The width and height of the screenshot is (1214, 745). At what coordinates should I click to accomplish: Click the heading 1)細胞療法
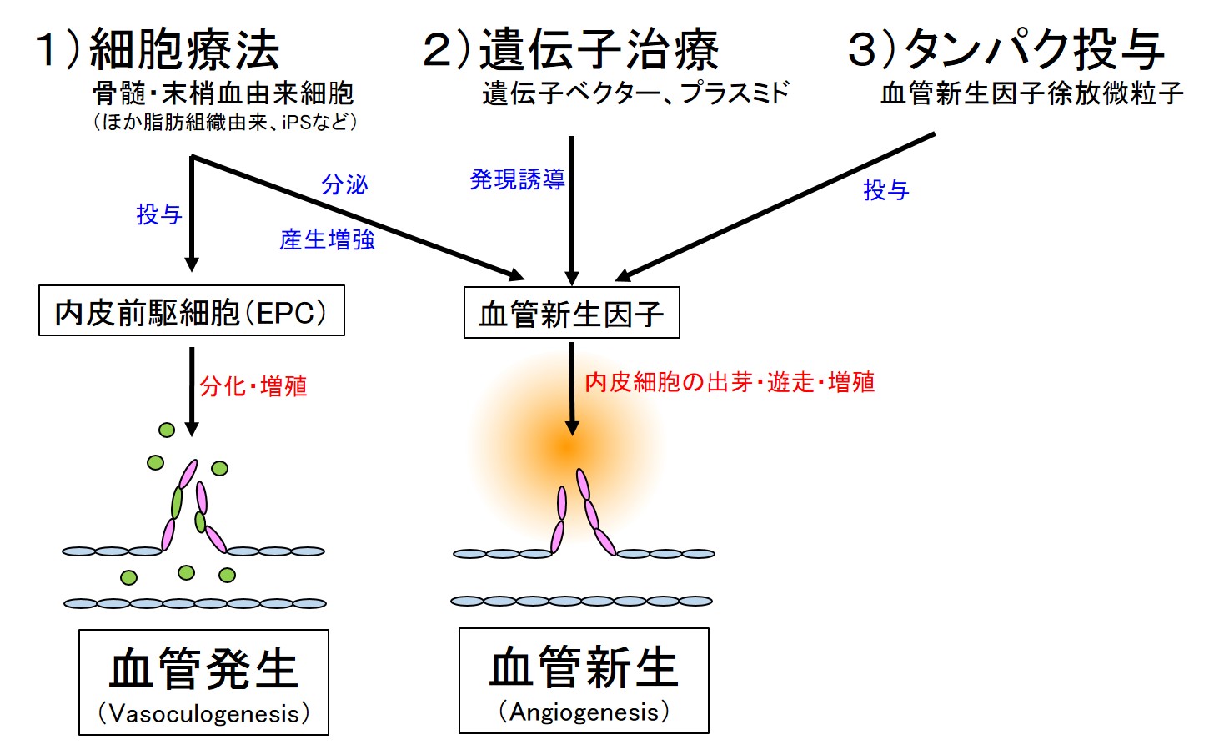point(157,49)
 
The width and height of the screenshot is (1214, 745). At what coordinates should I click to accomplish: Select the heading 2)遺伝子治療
point(570,49)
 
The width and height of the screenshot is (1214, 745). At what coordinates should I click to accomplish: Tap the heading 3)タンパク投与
point(1006,49)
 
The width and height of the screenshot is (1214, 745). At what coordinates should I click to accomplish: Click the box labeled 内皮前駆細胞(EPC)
point(191,310)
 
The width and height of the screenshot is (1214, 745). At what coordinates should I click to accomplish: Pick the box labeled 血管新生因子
point(572,313)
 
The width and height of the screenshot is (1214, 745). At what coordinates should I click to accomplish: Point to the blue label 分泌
point(344,184)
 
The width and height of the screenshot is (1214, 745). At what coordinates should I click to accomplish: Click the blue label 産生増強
point(327,239)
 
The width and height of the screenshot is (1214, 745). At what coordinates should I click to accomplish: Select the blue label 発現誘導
point(518,179)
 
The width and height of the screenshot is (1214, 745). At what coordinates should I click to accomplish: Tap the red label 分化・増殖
point(253,386)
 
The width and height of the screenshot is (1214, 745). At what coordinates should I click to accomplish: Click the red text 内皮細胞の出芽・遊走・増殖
point(730,382)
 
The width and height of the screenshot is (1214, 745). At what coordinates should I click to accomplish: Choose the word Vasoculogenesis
point(204,713)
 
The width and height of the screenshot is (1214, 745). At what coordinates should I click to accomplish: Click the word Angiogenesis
point(584,712)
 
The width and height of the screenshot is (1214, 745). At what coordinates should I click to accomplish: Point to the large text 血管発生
point(203,669)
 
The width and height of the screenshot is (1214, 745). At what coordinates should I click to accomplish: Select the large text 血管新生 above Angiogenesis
point(584,667)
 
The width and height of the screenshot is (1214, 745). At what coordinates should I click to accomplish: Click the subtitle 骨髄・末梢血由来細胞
point(223,93)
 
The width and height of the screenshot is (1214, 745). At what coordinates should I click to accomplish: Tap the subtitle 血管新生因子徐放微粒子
point(1032,93)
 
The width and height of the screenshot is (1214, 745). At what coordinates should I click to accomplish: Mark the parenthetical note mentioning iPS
point(225,122)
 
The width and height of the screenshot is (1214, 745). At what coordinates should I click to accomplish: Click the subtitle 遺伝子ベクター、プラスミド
point(635,93)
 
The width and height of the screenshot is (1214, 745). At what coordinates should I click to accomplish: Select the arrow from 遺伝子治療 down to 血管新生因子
point(572,210)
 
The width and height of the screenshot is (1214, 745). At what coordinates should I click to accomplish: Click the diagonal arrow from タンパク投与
point(775,207)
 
